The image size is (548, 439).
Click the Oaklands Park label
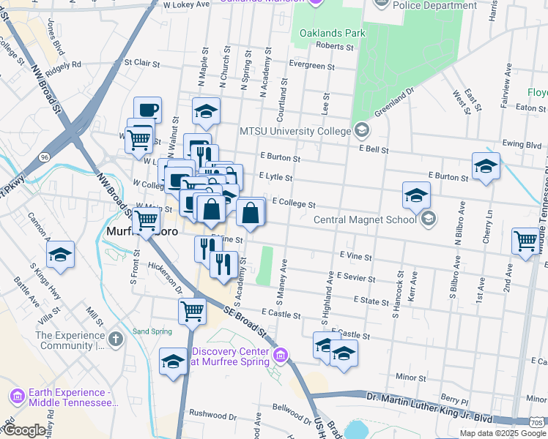[332, 33]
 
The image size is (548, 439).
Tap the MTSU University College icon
[361, 131]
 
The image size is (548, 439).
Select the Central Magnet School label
[366, 219]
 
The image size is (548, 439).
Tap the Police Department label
[434, 5]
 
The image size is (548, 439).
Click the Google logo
[23, 430]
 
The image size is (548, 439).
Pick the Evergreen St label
[311, 66]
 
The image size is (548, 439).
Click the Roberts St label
[334, 46]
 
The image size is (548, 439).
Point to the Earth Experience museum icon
[18, 396]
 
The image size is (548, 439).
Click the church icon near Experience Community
[116, 339]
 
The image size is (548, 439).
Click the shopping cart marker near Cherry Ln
[527, 241]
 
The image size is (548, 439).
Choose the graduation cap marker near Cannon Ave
[60, 255]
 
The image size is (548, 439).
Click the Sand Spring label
[152, 331]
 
